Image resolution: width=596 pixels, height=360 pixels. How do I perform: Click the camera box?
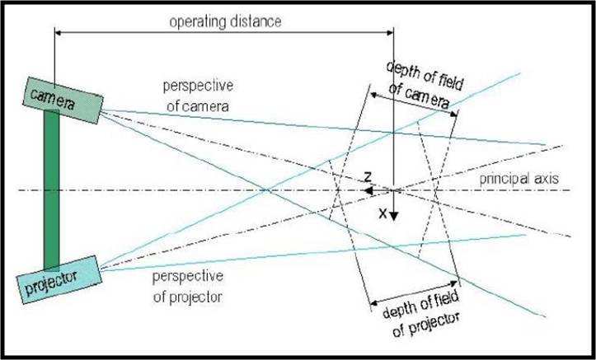(63, 101)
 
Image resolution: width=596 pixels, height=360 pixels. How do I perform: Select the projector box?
(59, 280)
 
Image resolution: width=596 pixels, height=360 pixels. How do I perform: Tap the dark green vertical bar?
(52, 189)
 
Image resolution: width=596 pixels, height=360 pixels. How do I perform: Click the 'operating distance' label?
(225, 22)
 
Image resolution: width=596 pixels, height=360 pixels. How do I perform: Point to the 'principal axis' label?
(519, 179)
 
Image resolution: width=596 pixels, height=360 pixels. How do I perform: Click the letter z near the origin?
(368, 176)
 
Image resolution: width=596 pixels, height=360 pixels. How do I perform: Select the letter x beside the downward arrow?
(382, 214)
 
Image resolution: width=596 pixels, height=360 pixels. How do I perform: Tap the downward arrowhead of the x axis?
(393, 216)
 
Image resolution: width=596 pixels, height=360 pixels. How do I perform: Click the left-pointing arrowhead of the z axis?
(368, 190)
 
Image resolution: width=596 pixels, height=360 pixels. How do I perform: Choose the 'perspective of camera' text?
(198, 96)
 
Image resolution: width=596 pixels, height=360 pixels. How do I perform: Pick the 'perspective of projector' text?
(188, 287)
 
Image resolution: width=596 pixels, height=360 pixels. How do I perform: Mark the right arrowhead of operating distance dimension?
(391, 33)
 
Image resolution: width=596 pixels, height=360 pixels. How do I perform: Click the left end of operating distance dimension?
(55, 33)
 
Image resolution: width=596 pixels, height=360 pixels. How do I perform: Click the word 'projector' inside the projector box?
(52, 283)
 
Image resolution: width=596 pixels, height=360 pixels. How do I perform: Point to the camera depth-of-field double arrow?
(414, 104)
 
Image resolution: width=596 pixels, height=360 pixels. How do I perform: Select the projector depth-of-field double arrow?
(414, 292)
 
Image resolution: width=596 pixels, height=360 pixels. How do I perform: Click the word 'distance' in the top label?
(255, 22)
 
